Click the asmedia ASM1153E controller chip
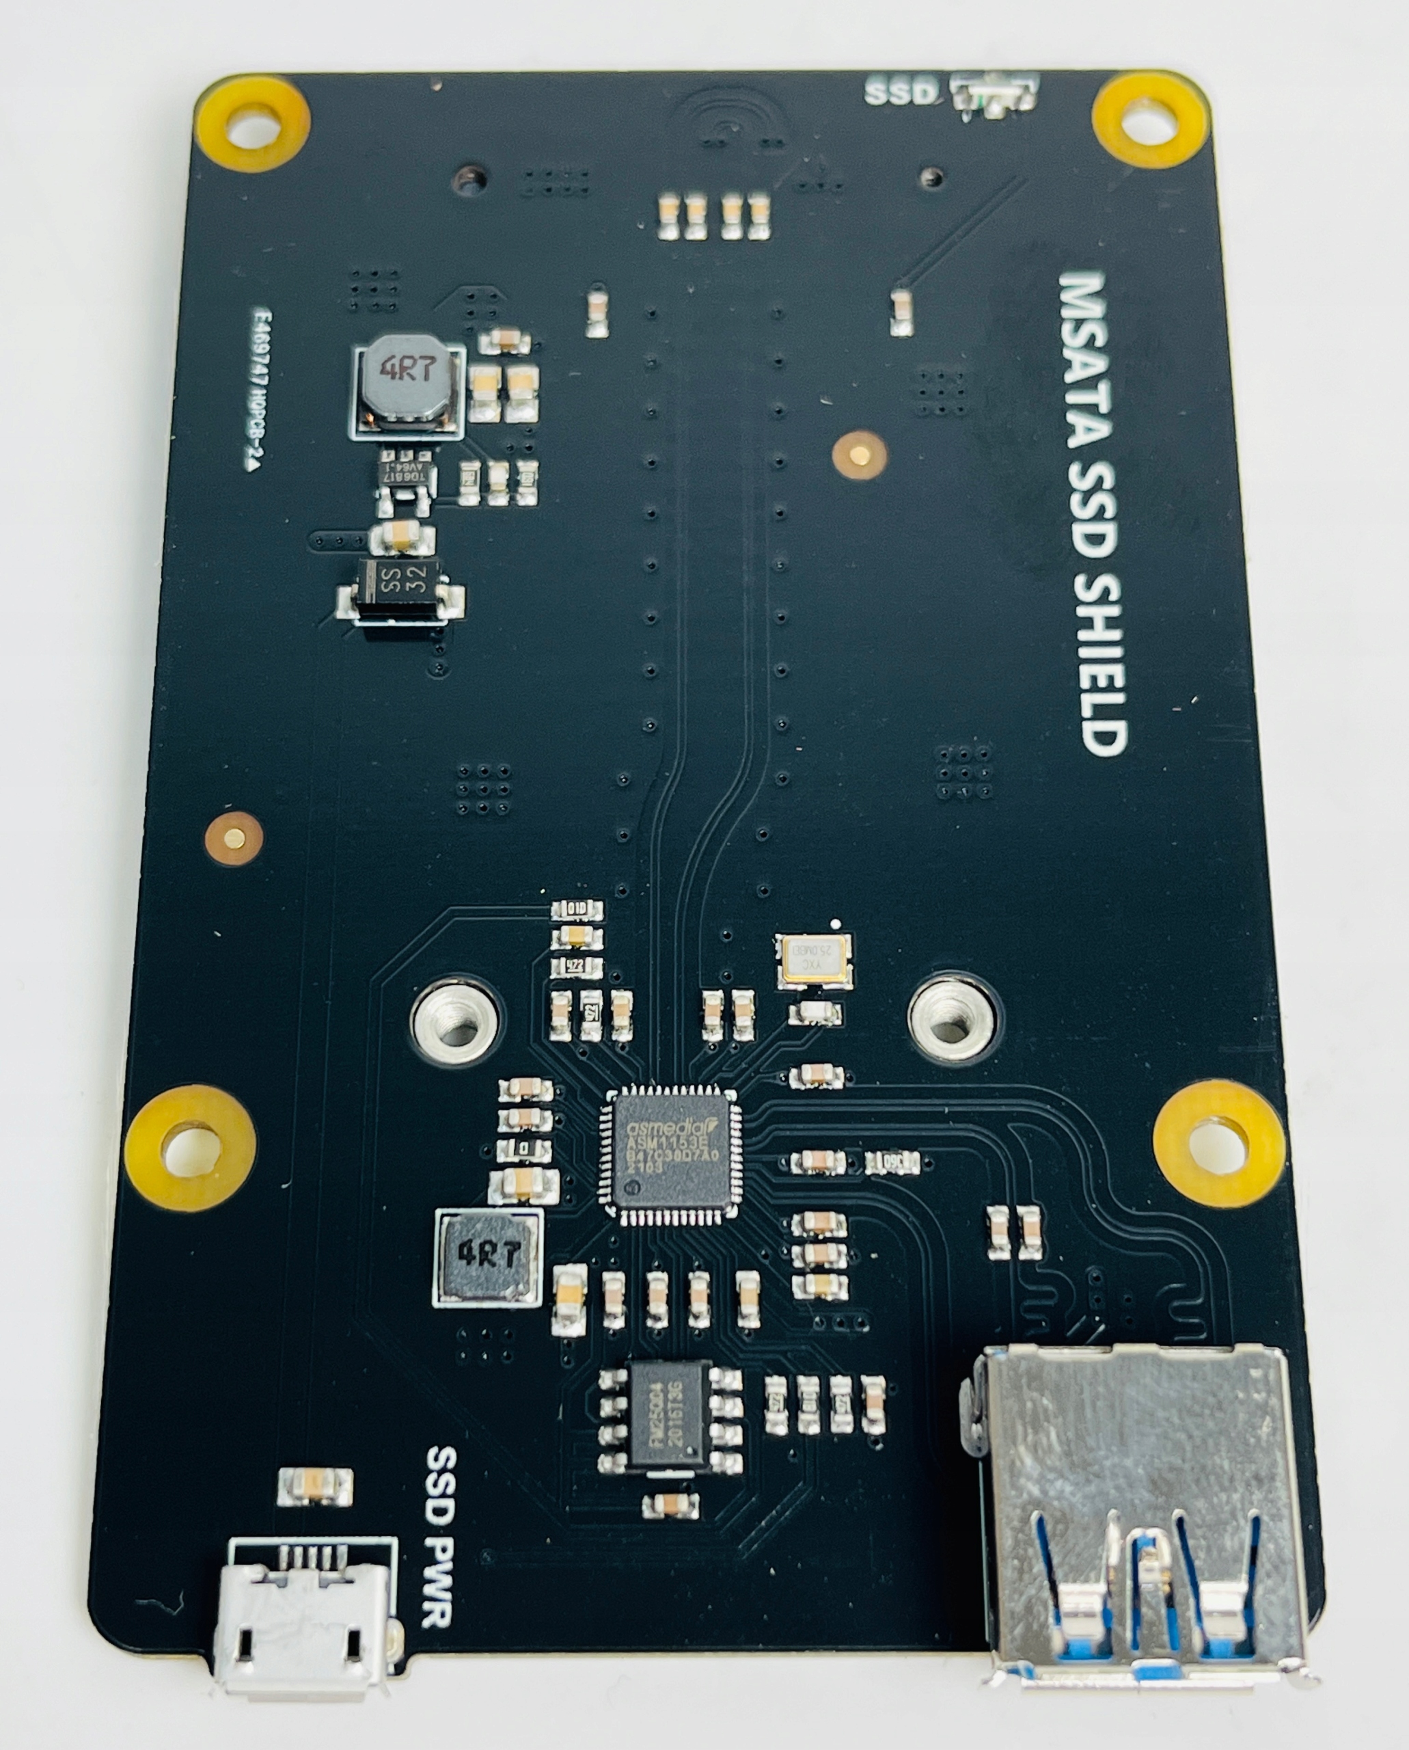click(670, 1150)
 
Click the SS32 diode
click(402, 587)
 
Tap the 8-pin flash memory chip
click(670, 1414)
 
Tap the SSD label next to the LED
click(900, 92)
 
